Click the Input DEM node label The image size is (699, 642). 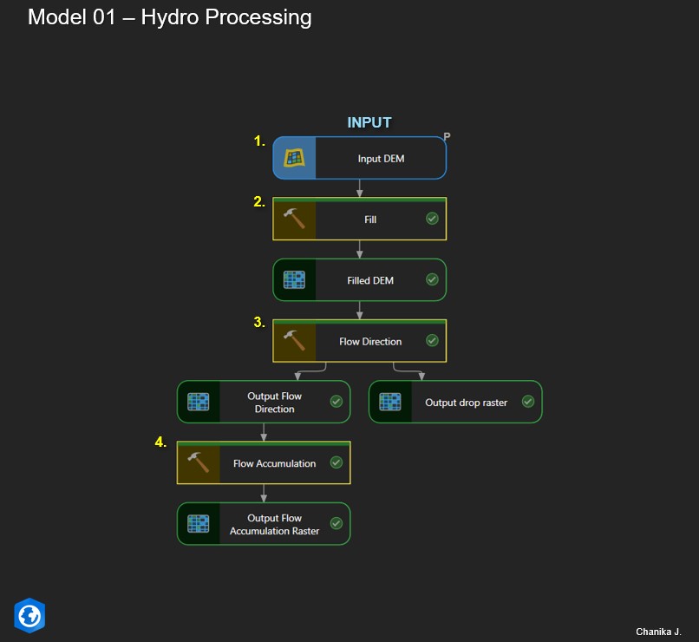click(x=381, y=159)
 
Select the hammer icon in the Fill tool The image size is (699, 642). click(x=295, y=219)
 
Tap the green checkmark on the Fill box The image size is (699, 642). click(x=432, y=219)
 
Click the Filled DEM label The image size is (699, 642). click(x=370, y=280)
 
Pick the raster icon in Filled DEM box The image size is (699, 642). click(x=295, y=280)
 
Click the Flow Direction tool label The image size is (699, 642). click(x=370, y=341)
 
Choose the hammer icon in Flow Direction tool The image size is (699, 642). click(x=295, y=341)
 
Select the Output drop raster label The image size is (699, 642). click(x=466, y=403)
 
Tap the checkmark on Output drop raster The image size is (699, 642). click(x=527, y=402)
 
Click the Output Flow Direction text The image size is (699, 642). click(x=274, y=403)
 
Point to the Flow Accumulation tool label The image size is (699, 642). click(x=274, y=463)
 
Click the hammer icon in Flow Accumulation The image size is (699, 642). click(x=199, y=463)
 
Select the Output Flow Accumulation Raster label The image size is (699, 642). click(x=274, y=524)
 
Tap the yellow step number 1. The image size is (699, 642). click(x=258, y=141)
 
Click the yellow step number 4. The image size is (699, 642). click(x=160, y=442)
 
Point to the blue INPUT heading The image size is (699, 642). click(x=369, y=122)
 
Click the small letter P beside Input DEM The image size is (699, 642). click(x=447, y=136)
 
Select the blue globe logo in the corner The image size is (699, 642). click(x=29, y=615)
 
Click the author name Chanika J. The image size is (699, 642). click(x=659, y=631)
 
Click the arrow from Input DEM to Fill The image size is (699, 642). click(x=360, y=188)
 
